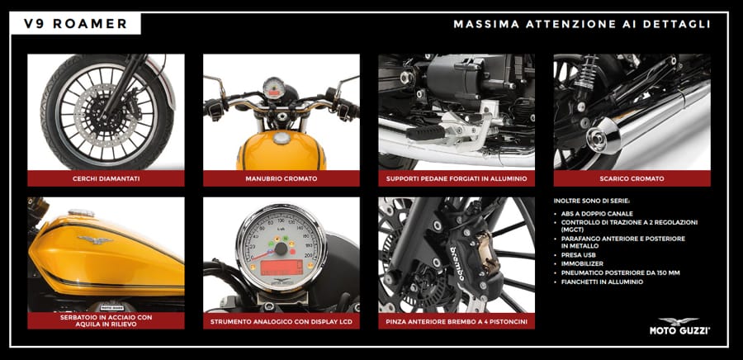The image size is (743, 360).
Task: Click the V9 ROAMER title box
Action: coord(75,24)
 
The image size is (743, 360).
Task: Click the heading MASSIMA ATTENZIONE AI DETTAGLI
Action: coord(582,24)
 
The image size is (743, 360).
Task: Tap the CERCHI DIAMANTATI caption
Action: coord(106,178)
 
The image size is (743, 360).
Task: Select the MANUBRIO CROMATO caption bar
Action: coord(282,178)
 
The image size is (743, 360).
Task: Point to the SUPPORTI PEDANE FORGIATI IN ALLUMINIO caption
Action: coord(457,178)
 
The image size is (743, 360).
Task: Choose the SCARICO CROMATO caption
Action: coord(632,178)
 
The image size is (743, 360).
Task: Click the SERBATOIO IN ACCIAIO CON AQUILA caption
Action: coord(106,320)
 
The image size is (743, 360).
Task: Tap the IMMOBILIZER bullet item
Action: coord(580,264)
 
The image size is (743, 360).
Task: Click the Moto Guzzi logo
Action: coord(679,326)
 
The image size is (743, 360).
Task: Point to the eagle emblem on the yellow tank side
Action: coord(95,239)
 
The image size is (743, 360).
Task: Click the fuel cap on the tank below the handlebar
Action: coord(282,138)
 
